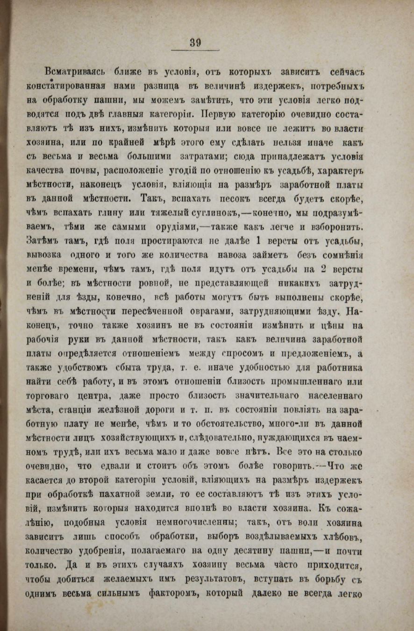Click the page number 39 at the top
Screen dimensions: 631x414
(195, 43)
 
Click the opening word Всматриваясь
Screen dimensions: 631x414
(75, 73)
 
